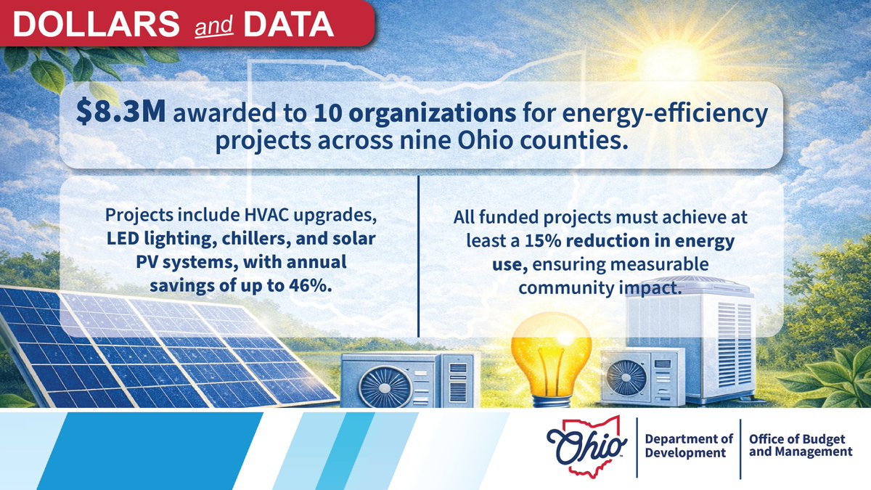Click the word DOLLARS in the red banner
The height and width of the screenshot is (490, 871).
94,25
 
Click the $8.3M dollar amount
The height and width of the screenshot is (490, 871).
110,113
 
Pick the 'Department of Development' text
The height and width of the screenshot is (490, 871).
685,444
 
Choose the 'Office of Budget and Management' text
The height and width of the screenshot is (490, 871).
800,444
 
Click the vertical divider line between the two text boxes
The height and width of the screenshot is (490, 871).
420,254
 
